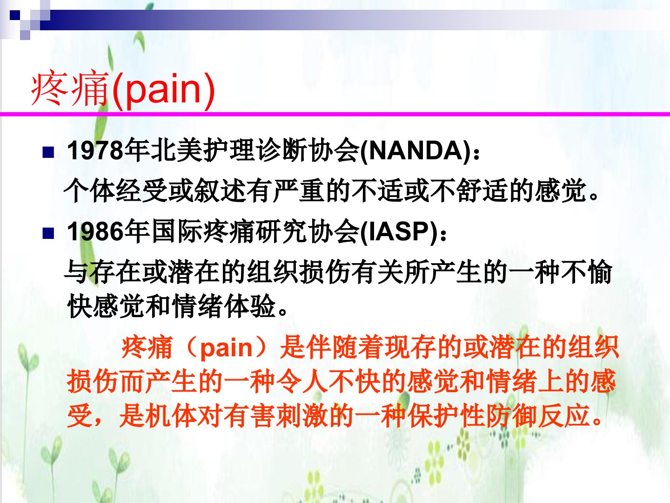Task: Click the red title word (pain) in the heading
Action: click(x=163, y=90)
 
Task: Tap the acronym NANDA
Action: click(x=416, y=150)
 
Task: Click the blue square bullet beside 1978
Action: click(x=48, y=152)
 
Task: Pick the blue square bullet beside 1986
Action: click(x=48, y=233)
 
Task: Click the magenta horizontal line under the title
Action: click(x=335, y=115)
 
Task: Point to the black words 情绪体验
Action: click(x=224, y=306)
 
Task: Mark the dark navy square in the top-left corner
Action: click(x=14, y=15)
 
